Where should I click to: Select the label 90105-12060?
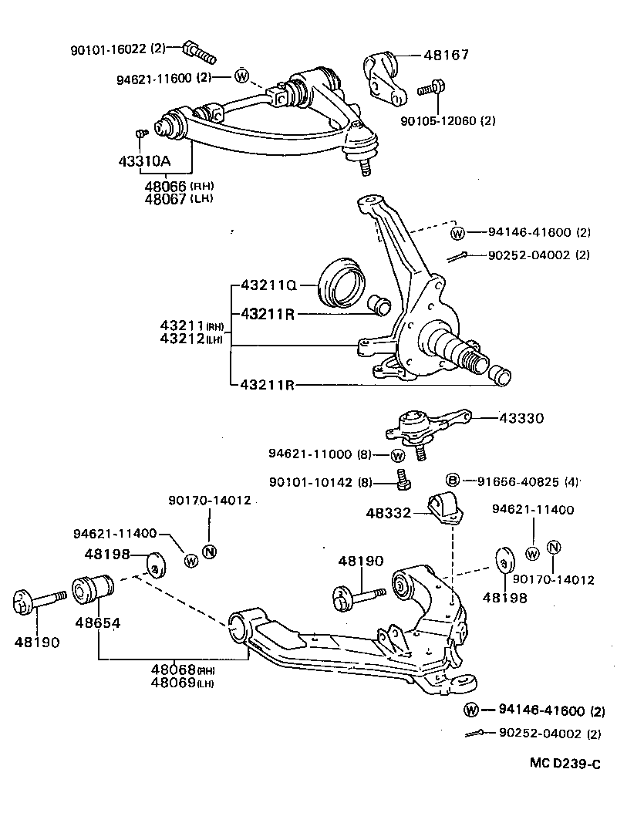tap(439, 120)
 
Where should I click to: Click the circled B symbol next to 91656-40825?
tap(453, 481)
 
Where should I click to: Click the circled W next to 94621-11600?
tap(241, 76)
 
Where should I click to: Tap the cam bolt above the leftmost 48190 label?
tap(35, 599)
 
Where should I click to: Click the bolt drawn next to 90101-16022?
tap(198, 52)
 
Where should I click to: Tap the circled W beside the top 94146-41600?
tap(457, 232)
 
